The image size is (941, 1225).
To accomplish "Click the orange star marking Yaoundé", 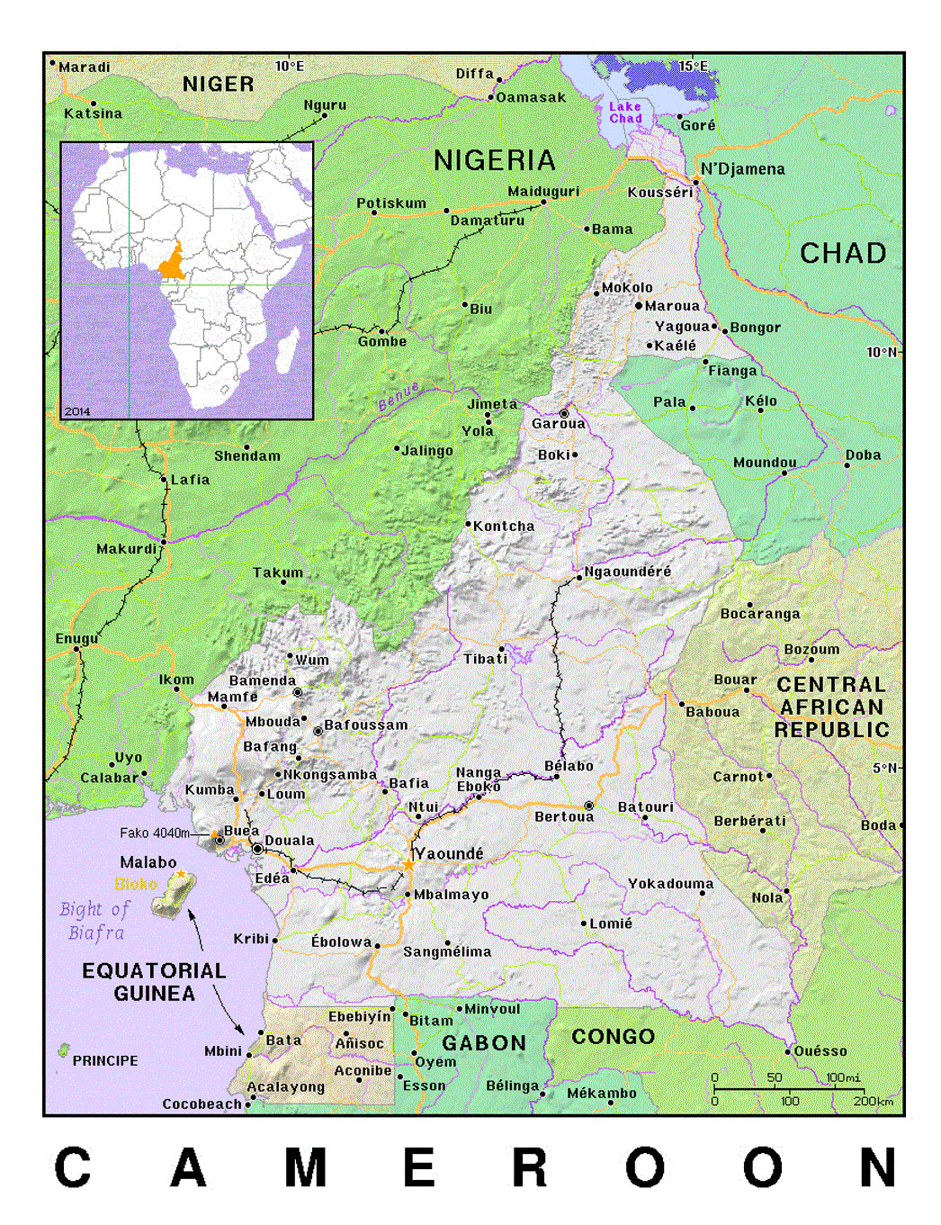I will click(408, 865).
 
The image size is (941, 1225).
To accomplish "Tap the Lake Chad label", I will click(625, 113).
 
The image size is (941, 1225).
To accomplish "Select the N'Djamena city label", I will click(742, 169).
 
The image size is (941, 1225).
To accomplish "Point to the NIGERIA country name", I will click(494, 160).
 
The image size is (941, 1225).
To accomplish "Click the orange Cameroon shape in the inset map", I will click(172, 263).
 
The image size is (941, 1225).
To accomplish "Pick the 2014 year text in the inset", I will click(77, 411).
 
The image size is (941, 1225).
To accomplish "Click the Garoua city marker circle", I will click(564, 414).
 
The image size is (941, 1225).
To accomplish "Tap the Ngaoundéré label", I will click(627, 572).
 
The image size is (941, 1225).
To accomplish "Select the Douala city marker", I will click(257, 849).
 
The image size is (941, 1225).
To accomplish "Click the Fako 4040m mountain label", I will click(154, 833).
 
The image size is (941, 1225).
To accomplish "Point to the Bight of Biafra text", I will click(95, 921).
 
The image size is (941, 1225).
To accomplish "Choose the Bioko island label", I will click(136, 884).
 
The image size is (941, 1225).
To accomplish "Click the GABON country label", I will click(484, 1043).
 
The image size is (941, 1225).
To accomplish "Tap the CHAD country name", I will click(843, 253).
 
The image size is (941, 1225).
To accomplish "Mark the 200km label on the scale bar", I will click(873, 1102).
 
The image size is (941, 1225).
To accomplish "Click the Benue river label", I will click(399, 396).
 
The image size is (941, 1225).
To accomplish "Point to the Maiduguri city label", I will click(543, 192).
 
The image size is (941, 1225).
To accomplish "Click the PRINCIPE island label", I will click(105, 1060).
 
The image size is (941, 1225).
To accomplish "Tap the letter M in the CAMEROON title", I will click(305, 1168).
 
